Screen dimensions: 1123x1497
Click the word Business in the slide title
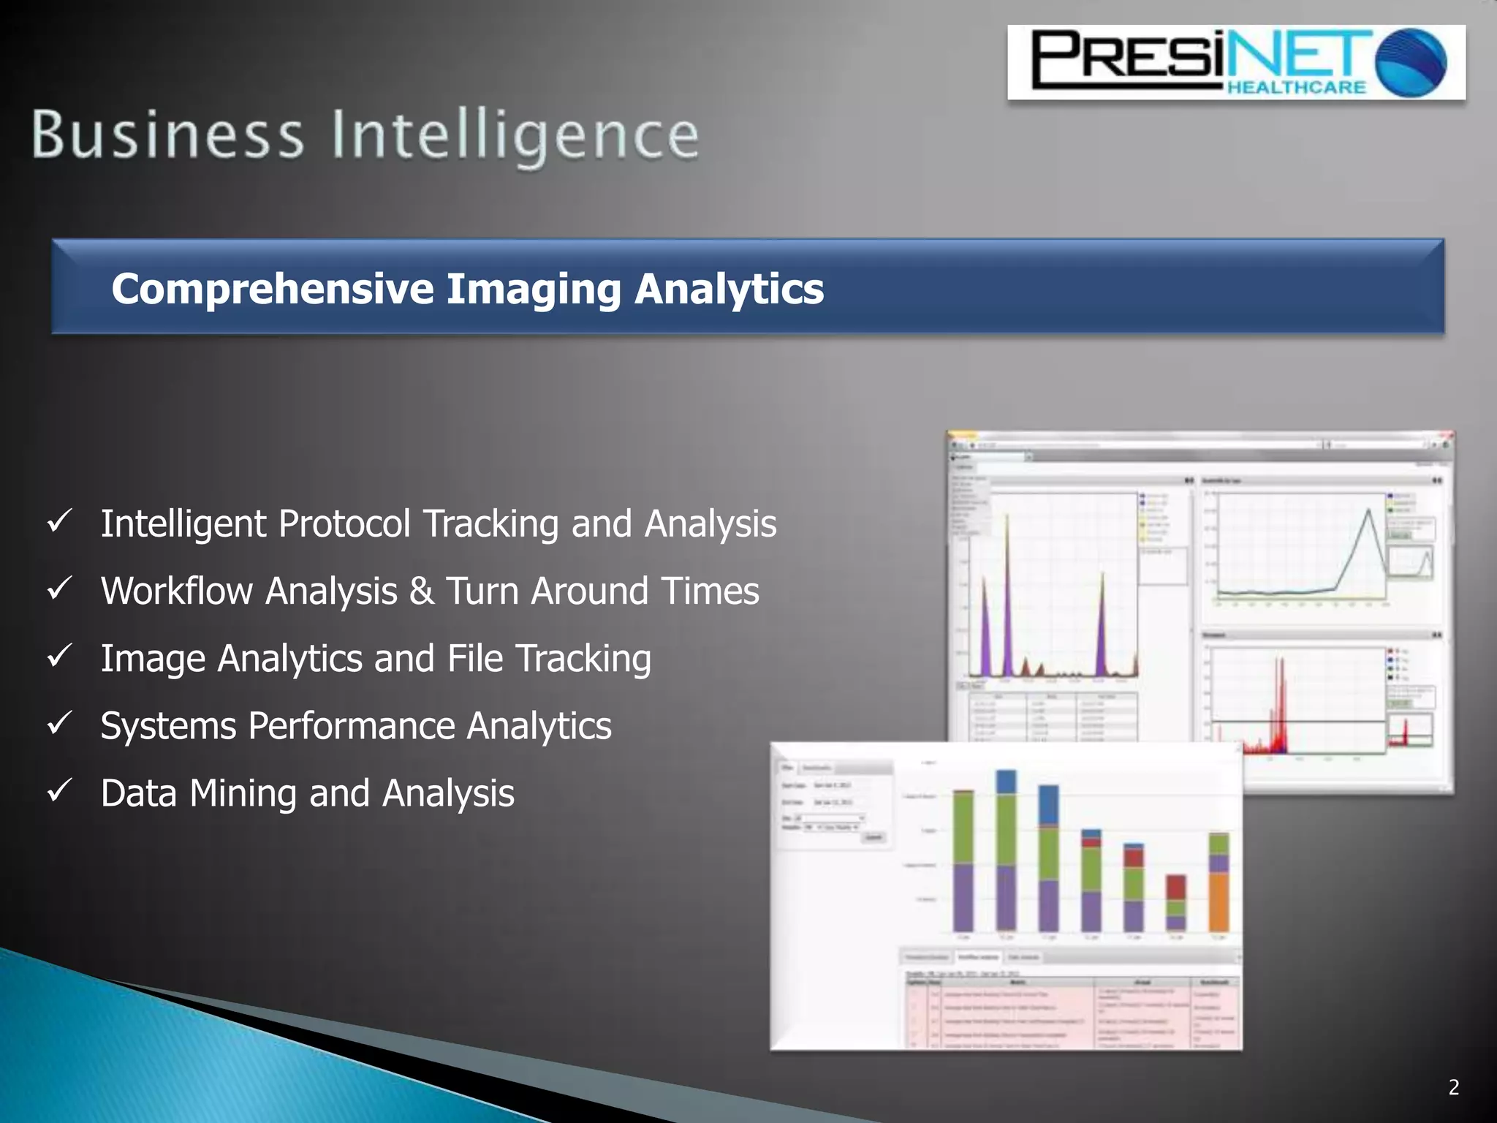[x=167, y=135]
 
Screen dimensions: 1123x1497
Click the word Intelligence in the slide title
[x=515, y=137]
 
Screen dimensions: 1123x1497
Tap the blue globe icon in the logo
[x=1410, y=62]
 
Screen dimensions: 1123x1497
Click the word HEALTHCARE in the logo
[x=1296, y=88]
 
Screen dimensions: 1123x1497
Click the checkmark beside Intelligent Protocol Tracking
[x=58, y=522]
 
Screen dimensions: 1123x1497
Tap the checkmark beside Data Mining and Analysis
[x=58, y=791]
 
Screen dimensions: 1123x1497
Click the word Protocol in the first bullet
[x=344, y=524]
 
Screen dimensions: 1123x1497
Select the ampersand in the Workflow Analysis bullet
[x=421, y=591]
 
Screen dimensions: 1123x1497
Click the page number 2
[x=1454, y=1087]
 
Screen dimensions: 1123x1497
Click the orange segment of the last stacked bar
[x=1219, y=901]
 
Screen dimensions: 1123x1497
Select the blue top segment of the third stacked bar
[x=1049, y=804]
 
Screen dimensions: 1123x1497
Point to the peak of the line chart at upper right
[x=1369, y=510]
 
